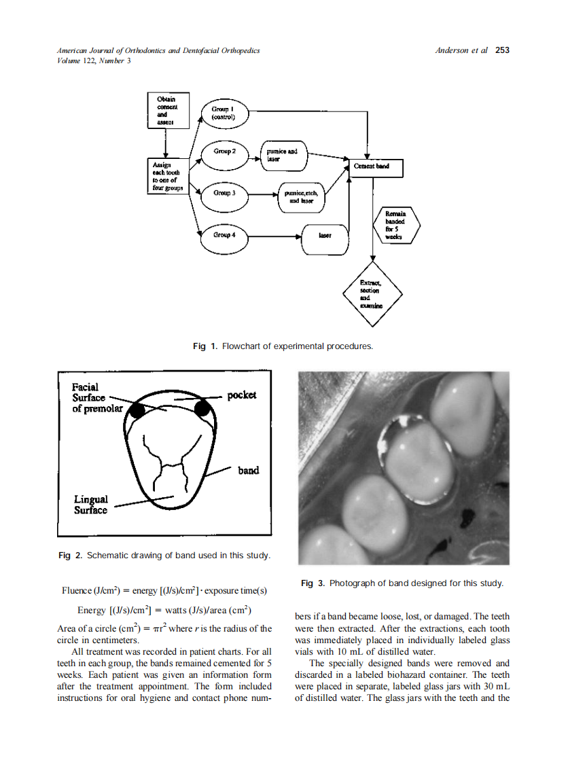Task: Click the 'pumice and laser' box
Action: coord(285,156)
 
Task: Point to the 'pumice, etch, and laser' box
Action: coord(301,197)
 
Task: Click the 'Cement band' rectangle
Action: coord(376,167)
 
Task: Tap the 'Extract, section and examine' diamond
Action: coord(372,293)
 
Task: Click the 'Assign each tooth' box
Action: coord(166,176)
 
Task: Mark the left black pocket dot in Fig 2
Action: coord(137,410)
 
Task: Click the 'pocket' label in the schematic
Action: coord(242,395)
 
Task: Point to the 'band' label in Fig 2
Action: coord(248,471)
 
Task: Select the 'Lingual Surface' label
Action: coord(90,505)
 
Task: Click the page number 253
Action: coord(502,50)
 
